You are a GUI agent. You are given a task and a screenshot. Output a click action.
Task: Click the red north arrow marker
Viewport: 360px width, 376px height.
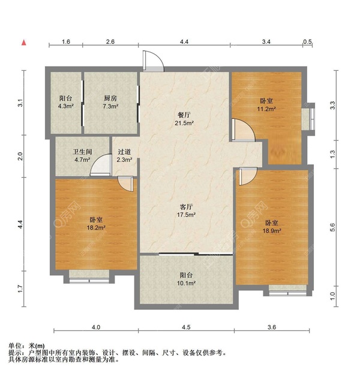click(x=24, y=43)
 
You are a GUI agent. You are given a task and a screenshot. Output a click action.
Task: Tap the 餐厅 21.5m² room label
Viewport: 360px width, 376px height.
click(x=184, y=119)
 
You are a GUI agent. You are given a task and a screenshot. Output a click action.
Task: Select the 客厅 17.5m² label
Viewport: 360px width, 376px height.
click(x=184, y=210)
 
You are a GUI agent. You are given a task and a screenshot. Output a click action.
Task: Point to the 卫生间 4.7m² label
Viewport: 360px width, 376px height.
click(x=82, y=156)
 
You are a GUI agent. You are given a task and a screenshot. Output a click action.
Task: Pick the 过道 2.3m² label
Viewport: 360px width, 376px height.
click(x=124, y=156)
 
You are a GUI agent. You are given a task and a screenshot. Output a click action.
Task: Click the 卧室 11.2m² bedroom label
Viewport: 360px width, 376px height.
click(x=267, y=105)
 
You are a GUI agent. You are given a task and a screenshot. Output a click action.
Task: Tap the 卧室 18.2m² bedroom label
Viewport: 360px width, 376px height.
click(x=96, y=223)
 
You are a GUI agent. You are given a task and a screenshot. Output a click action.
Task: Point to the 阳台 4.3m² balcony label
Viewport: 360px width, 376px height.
click(x=66, y=102)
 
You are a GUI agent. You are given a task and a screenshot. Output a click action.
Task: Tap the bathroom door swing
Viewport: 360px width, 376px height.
click(x=100, y=166)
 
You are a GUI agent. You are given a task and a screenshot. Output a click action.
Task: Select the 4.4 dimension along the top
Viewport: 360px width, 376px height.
click(x=184, y=42)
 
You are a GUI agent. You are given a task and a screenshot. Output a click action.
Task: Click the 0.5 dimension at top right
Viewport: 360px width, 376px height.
click(x=307, y=42)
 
